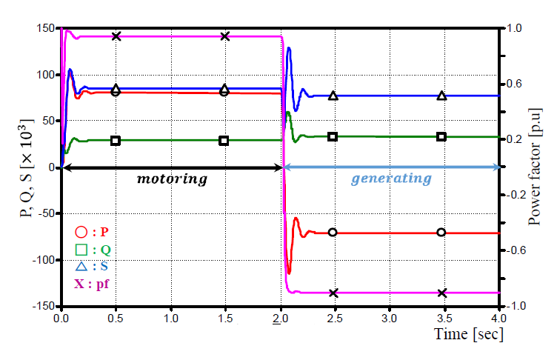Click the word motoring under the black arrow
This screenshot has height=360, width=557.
coord(172,179)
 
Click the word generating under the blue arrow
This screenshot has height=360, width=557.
coord(391,179)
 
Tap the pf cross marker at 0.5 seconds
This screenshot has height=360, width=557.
coord(116,36)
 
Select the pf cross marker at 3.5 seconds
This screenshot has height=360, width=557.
coord(442,293)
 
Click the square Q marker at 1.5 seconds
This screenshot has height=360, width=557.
coord(224,141)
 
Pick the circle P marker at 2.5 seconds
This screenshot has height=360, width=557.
coord(333,233)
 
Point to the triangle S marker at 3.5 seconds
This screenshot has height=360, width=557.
coord(442,96)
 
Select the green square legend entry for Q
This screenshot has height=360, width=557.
coord(81,249)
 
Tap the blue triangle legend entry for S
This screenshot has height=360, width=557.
coord(81,266)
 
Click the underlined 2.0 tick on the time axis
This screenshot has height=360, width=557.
coord(281,317)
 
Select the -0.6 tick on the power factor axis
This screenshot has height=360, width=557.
coord(517,250)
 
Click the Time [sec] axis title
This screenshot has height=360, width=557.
coord(470,333)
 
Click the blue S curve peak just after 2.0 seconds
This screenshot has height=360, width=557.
coord(289,49)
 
